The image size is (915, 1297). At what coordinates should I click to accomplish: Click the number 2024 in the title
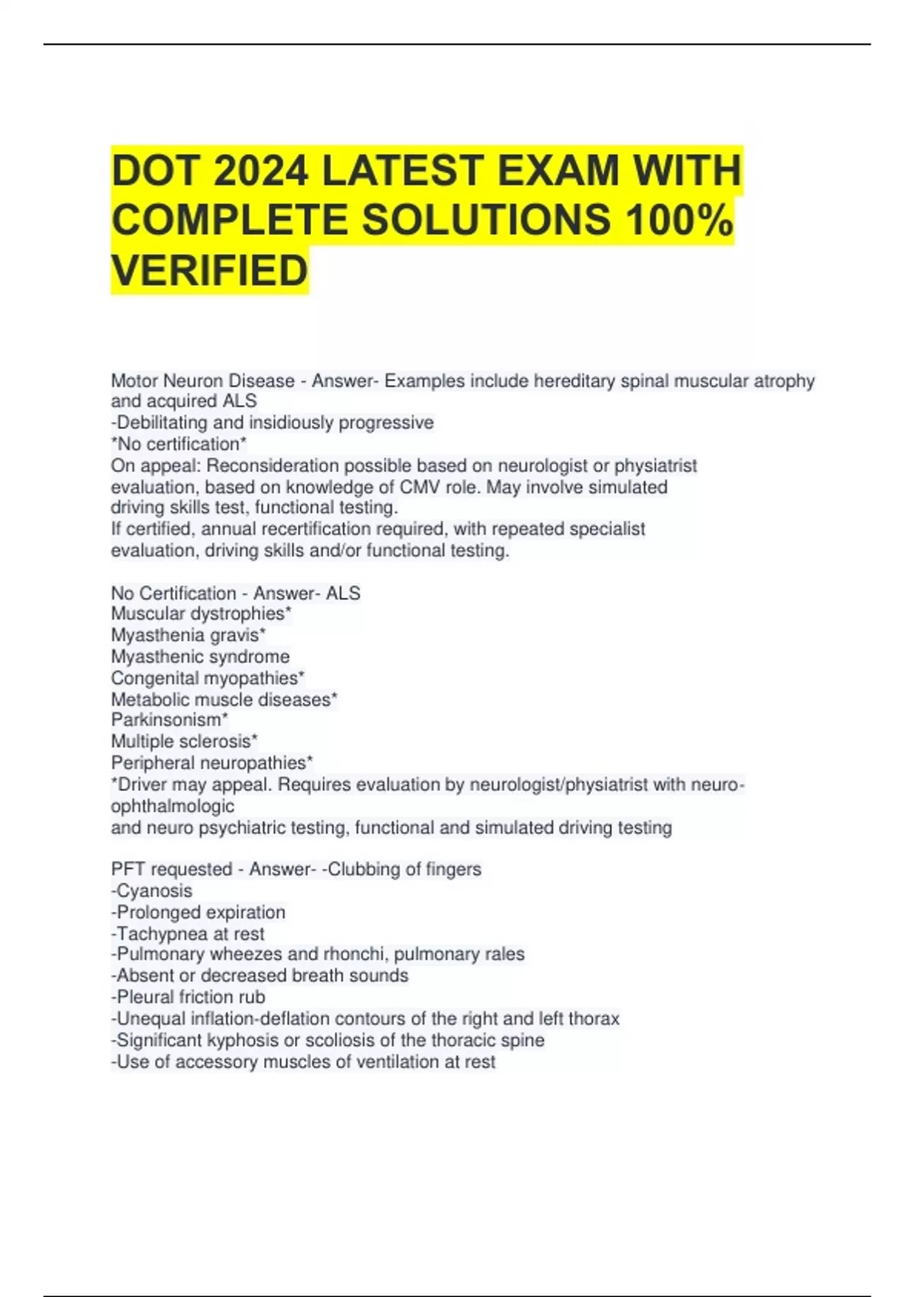[261, 170]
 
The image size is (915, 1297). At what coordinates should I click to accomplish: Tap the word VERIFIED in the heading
[210, 271]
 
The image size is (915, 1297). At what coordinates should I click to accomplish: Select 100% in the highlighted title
[678, 220]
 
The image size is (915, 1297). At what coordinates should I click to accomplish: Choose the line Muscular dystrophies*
[201, 613]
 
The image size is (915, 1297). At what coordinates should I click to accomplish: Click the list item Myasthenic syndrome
[201, 656]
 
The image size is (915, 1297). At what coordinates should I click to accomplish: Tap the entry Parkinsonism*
[169, 719]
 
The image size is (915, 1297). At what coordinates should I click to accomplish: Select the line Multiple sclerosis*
[185, 741]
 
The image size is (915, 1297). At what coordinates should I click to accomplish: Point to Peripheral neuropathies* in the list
[212, 762]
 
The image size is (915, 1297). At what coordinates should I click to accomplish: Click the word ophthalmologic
[172, 806]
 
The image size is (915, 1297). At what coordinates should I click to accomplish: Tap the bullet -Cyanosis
[152, 890]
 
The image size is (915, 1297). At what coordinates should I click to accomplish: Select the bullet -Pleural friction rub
[188, 997]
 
